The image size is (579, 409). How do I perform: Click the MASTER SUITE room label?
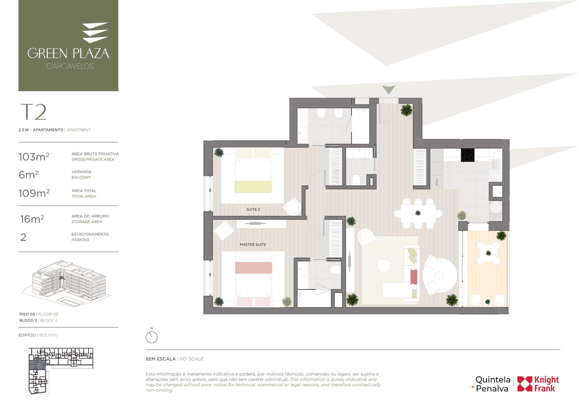tap(253, 244)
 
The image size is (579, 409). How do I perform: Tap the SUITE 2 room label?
tap(253, 209)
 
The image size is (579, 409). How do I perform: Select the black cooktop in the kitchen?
tap(468, 155)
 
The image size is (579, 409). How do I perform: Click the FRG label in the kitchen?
tap(437, 182)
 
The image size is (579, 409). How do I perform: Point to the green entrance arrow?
tap(389, 89)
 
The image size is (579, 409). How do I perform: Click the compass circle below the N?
tap(151, 337)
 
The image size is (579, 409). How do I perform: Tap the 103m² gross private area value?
tap(34, 157)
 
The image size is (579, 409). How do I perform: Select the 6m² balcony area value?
tap(28, 175)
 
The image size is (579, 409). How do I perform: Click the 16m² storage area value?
tap(32, 219)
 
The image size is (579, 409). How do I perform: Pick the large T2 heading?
tap(33, 112)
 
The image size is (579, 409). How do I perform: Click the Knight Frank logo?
tap(538, 384)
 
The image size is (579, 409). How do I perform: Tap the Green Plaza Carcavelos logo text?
tap(68, 58)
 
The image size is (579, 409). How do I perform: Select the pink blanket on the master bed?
tap(253, 268)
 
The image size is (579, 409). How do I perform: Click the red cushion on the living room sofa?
tap(414, 277)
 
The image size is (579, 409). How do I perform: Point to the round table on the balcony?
tap(488, 253)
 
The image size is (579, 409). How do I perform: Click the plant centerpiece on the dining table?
tap(418, 213)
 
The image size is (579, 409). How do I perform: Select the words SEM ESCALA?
tap(160, 359)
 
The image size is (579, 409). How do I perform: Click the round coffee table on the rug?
tap(384, 265)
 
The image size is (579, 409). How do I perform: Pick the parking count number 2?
tap(23, 237)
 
